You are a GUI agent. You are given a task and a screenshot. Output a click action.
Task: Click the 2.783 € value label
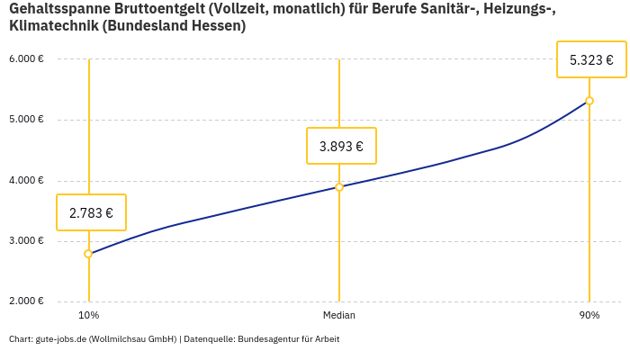coord(91,213)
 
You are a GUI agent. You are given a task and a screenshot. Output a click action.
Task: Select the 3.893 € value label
coord(341,146)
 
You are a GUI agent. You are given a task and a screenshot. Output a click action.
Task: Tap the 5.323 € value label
coord(591,60)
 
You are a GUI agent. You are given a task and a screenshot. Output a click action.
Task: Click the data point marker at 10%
coord(88,254)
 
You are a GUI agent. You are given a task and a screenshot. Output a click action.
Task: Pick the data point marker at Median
coord(339,187)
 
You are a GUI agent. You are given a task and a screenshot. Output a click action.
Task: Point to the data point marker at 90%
coord(589,101)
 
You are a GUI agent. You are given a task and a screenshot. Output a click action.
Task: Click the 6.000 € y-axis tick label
coord(26,59)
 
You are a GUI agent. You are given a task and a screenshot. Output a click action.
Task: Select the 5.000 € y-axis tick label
coord(26,120)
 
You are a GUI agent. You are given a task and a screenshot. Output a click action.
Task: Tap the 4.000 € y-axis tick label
coord(26,181)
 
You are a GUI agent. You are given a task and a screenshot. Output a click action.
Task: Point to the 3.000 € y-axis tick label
coord(26,241)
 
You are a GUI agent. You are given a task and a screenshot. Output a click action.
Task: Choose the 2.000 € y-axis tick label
coord(26,301)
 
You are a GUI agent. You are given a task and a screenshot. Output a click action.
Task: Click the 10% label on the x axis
coord(88,315)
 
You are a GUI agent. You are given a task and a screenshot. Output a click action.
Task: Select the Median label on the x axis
coord(339,315)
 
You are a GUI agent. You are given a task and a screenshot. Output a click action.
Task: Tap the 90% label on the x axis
coord(589,315)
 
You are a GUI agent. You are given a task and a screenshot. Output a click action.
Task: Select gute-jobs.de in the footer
coord(61,339)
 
